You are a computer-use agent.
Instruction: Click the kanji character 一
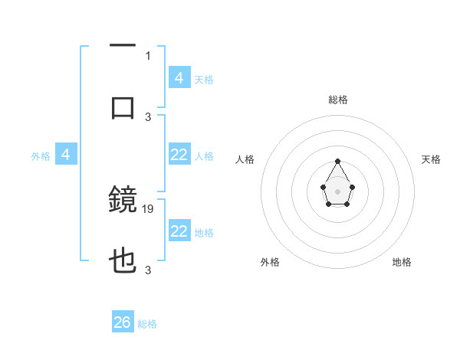point(123,47)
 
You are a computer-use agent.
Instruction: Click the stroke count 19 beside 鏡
point(149,208)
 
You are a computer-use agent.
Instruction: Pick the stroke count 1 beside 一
point(148,55)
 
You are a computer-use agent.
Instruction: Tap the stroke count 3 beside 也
point(148,270)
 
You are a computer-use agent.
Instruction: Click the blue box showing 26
point(123,322)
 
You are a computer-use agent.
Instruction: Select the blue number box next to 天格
point(179,77)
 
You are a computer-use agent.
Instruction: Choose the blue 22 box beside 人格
point(179,155)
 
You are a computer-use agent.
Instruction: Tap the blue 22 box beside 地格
point(179,231)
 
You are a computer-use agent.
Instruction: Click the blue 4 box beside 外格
point(66,155)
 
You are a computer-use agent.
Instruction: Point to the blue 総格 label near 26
point(147,324)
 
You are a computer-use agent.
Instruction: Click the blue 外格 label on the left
point(41,156)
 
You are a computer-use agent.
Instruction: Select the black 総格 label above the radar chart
point(338,100)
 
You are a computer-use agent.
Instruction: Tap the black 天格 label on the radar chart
point(431,159)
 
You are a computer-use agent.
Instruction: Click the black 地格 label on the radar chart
point(402,262)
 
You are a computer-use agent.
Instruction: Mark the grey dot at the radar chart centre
point(337,191)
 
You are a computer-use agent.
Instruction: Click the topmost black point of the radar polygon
point(337,161)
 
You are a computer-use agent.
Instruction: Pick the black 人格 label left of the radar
point(245,159)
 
